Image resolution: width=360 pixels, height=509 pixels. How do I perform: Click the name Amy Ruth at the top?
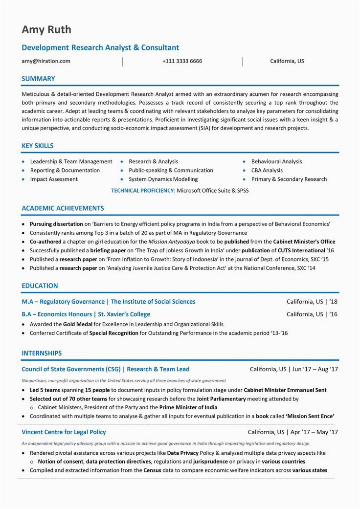[x=46, y=30]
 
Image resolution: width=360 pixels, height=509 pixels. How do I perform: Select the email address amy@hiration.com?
[x=46, y=61]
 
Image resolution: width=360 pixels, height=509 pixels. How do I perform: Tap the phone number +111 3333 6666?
[x=182, y=61]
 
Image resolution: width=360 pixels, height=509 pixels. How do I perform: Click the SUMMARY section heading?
[x=38, y=79]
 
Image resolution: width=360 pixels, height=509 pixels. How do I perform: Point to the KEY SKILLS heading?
[x=38, y=146]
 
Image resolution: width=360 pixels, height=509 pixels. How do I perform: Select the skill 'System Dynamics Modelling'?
[x=163, y=179]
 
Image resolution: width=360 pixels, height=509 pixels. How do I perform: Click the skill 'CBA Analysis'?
[x=267, y=171]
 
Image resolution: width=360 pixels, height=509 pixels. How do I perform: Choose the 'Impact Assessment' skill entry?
[x=54, y=179]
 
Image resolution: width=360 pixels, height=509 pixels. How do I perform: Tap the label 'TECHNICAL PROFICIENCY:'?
[x=143, y=191]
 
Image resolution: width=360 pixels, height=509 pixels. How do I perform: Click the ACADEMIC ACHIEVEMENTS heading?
[x=63, y=208]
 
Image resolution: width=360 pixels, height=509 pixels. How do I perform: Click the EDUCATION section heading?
[x=40, y=286]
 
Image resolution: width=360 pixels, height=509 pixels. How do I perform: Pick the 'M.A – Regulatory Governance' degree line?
[x=63, y=302]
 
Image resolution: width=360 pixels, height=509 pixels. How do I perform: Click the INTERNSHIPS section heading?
[x=42, y=353]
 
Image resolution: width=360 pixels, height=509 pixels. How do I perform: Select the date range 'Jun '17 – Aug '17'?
[x=315, y=369]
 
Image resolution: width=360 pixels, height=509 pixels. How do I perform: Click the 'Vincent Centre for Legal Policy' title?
[x=64, y=432]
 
